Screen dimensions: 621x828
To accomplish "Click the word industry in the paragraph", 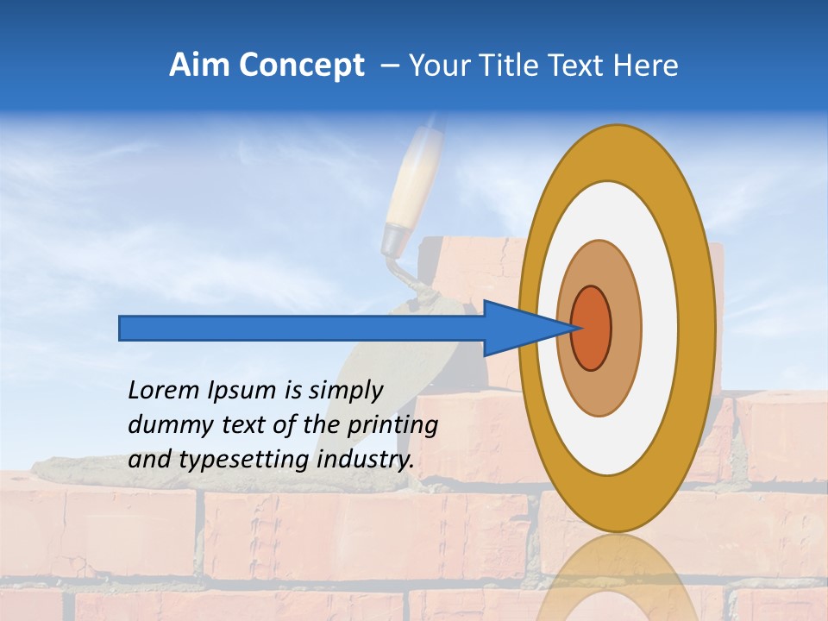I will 366,459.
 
